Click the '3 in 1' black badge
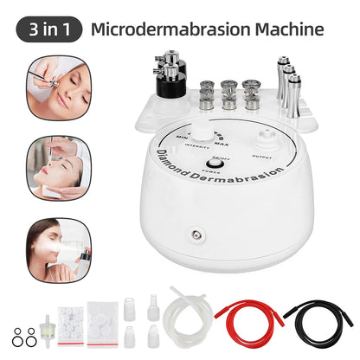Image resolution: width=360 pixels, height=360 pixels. (49, 29)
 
